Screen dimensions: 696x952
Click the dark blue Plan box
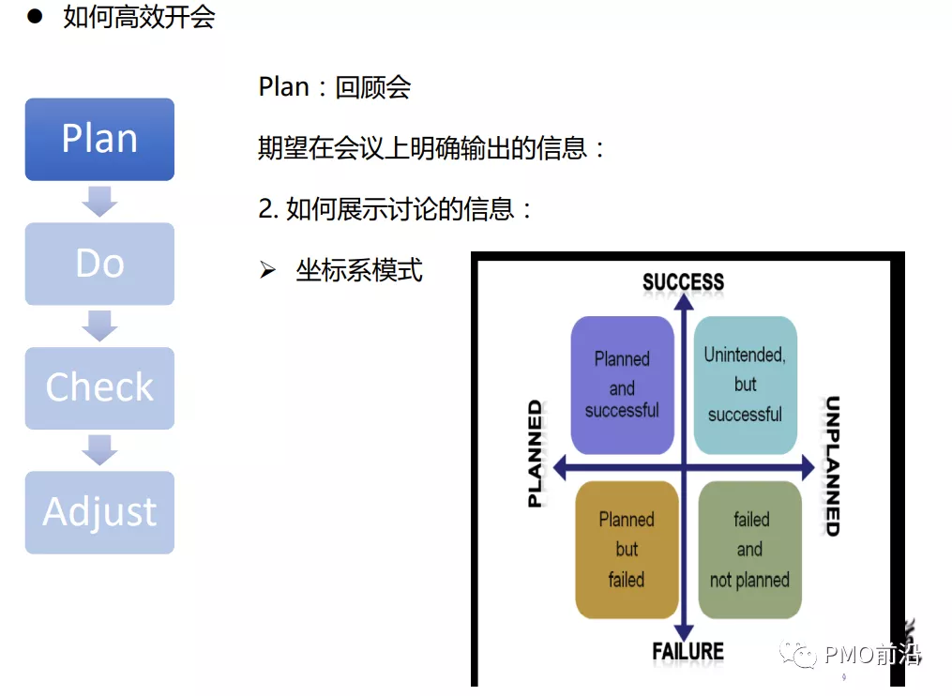point(99,139)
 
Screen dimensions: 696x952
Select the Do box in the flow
point(99,264)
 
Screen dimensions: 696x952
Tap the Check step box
point(99,387)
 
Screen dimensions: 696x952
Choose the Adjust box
point(99,512)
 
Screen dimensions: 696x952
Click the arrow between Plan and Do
point(99,201)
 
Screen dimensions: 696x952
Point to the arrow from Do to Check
point(99,325)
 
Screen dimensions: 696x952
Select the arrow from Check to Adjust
point(99,449)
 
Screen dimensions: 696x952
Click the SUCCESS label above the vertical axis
point(683,281)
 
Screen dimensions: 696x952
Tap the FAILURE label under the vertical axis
point(688,651)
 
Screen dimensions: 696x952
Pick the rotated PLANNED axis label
point(535,454)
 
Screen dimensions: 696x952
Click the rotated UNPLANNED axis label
point(831,466)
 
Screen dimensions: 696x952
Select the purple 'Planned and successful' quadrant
point(622,385)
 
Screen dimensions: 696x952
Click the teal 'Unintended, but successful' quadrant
point(745,385)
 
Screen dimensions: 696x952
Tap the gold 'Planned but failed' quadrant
point(626,550)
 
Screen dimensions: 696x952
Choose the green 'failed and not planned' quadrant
point(749,550)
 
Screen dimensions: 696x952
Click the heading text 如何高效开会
point(139,18)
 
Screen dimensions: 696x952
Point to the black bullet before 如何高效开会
point(35,17)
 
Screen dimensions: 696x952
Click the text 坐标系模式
point(359,271)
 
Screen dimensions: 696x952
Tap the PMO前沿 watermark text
point(871,654)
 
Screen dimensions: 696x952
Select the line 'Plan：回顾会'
point(335,87)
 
